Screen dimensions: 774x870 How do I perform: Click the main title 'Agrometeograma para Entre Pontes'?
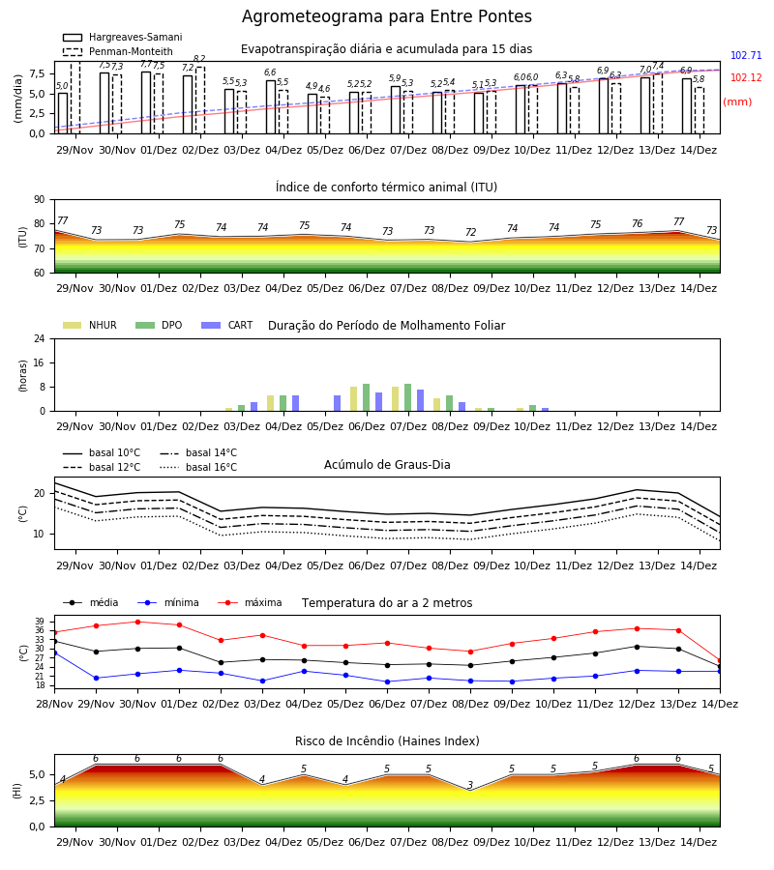(386, 17)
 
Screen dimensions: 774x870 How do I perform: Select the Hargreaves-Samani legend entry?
(123, 37)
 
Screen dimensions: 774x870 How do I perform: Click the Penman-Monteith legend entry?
(118, 51)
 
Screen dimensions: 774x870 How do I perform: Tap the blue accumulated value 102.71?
(746, 55)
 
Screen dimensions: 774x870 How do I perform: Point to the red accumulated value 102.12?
(746, 77)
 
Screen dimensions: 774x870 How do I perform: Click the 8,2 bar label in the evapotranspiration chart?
(199, 59)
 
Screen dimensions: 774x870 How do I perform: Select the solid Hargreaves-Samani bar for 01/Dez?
(146, 102)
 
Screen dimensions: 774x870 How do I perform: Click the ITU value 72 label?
(470, 232)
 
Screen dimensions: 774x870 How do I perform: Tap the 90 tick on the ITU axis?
(40, 200)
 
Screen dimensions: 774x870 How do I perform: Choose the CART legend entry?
(227, 325)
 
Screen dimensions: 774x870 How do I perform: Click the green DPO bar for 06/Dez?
(366, 397)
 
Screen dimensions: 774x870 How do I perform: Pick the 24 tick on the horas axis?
(40, 338)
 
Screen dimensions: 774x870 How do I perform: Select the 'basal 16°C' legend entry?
(198, 467)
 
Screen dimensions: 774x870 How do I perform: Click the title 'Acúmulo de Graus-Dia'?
(387, 465)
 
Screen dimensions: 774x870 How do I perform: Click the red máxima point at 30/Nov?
(137, 622)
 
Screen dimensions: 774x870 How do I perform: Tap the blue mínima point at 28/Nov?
(55, 653)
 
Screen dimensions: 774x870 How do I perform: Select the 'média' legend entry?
(91, 602)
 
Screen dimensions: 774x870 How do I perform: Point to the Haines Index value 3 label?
(470, 785)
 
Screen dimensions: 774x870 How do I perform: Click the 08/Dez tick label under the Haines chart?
(450, 842)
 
